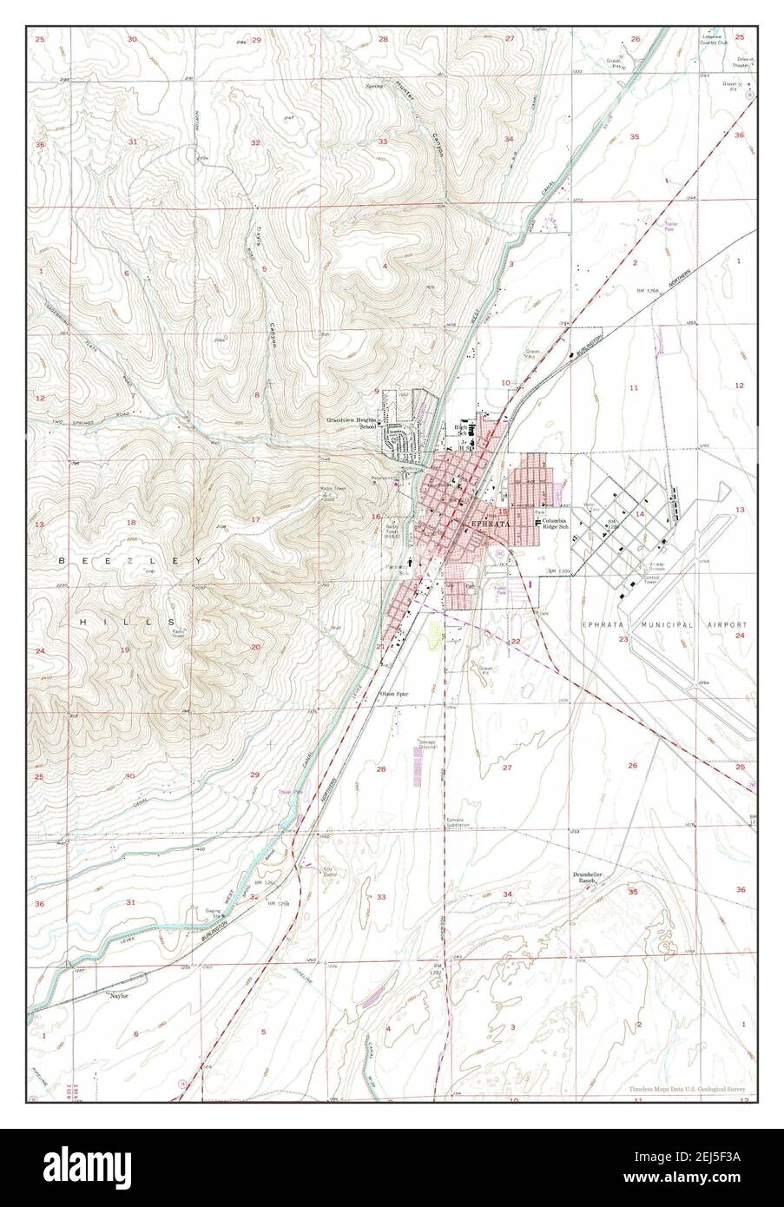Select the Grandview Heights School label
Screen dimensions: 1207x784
coord(352,422)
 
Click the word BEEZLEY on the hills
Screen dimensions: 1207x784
coord(123,563)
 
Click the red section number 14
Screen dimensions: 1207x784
coord(640,514)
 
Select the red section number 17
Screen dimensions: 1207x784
coord(255,519)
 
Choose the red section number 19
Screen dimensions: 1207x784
coord(125,649)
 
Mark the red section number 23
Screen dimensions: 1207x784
coord(623,639)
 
